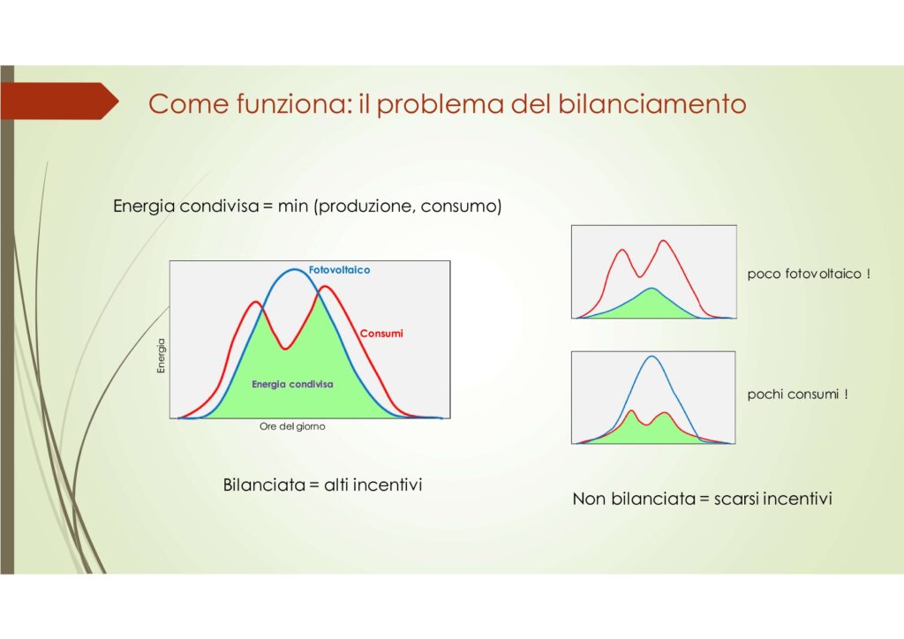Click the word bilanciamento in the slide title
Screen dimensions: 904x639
[652, 104]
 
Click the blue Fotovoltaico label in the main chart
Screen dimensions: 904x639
[339, 270]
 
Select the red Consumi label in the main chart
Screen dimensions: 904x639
[381, 333]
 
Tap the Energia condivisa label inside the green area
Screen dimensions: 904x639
[292, 384]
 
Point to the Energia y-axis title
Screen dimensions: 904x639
[161, 356]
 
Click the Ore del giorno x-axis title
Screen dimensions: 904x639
[292, 426]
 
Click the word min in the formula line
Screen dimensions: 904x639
[292, 206]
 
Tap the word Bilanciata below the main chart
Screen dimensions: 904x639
[264, 485]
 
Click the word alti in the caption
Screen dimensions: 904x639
[335, 485]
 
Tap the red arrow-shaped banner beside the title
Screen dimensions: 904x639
[59, 101]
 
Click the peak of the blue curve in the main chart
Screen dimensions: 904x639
[294, 269]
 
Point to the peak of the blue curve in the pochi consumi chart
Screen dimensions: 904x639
[652, 356]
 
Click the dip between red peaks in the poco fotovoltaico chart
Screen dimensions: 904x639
[639, 276]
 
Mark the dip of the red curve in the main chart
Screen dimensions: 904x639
[284, 349]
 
